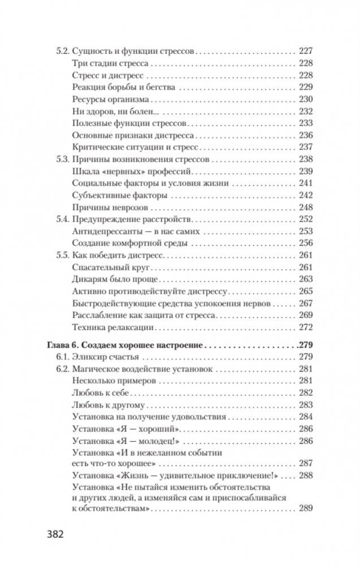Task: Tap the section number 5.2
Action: pos(63,50)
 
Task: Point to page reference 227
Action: pos(305,50)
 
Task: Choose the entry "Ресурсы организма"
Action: pos(108,99)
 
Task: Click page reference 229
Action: pos(305,87)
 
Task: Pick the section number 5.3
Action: pos(63,159)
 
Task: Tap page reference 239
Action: pos(305,171)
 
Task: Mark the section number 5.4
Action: pos(63,219)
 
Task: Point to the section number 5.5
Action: pos(63,256)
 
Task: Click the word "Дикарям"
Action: pos(90,280)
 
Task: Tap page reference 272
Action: pos(305,328)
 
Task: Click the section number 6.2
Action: pos(63,369)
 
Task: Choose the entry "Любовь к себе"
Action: pos(102,393)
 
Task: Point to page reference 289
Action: pos(305,508)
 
